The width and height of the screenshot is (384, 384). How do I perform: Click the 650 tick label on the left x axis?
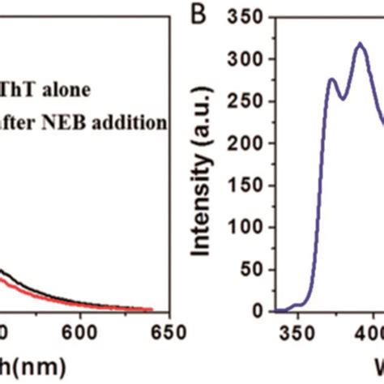coord(168,332)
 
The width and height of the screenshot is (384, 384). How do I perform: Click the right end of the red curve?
coord(153,309)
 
